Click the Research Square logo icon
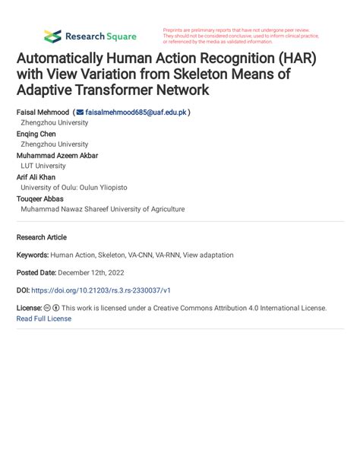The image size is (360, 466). (52, 36)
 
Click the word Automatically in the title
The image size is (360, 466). (67, 59)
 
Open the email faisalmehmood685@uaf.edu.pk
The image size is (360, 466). (136, 111)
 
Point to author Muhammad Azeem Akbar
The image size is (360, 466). (57, 155)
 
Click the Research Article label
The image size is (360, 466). (42, 237)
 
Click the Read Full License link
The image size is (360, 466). (44, 319)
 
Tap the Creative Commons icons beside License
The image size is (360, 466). (52, 308)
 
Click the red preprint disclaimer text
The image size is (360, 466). (240, 36)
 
